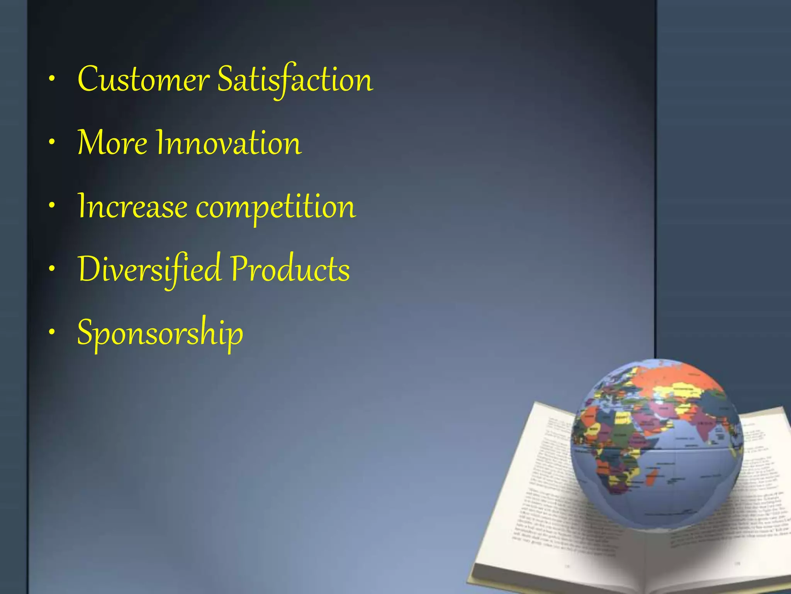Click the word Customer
pos(143,80)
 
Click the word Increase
pos(132,207)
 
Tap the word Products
pos(290,269)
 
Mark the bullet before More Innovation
pos(52,143)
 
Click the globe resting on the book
pos(657,445)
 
